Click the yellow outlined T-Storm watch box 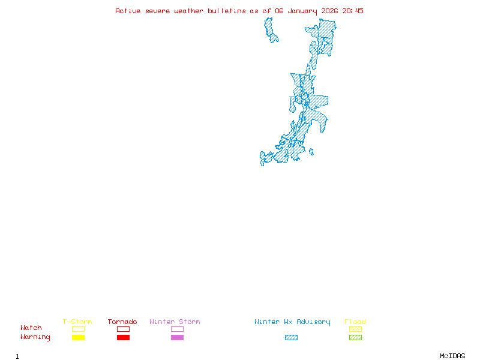coord(78,329)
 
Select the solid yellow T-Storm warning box coord(78,338)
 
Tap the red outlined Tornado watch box coord(123,329)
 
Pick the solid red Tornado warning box coord(123,338)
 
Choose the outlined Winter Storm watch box coord(177,329)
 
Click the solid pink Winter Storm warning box coord(177,338)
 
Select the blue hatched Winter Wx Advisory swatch coord(291,338)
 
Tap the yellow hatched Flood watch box coord(355,329)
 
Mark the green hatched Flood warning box coord(355,338)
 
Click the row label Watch coord(31,328)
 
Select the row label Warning coord(35,337)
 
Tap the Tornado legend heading coord(122,322)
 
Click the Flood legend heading coord(355,322)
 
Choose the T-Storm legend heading coord(77,322)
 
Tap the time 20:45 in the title coord(353,11)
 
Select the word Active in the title coord(128,11)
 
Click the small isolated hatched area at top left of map coord(271,29)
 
